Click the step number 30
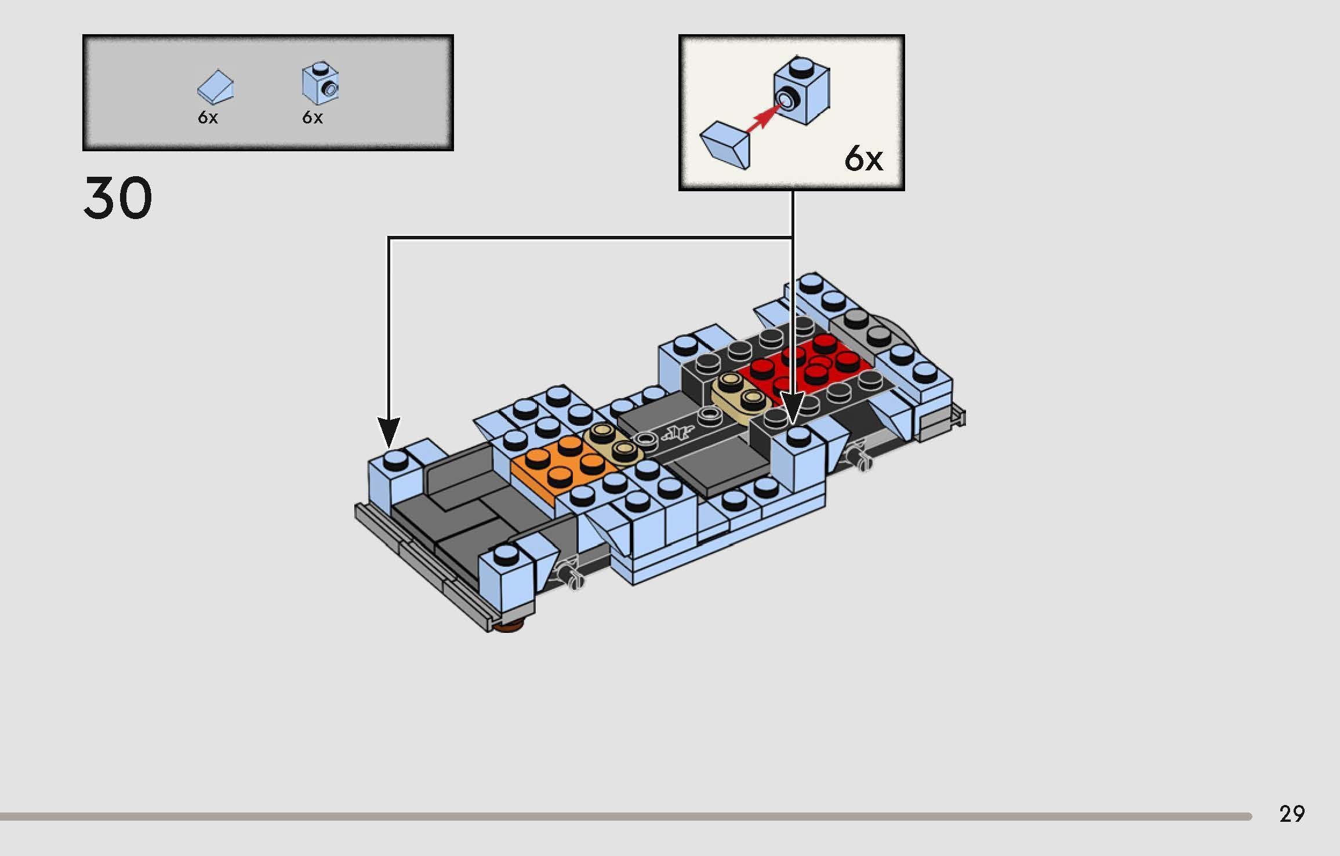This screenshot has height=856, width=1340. click(118, 198)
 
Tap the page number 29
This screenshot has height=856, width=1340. click(1292, 814)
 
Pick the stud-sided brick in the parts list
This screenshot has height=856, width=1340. click(319, 83)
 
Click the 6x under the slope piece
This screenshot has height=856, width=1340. click(208, 118)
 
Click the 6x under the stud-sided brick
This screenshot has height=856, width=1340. click(312, 118)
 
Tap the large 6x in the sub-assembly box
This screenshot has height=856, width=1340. click(863, 158)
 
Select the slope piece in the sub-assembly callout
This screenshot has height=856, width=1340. click(725, 144)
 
